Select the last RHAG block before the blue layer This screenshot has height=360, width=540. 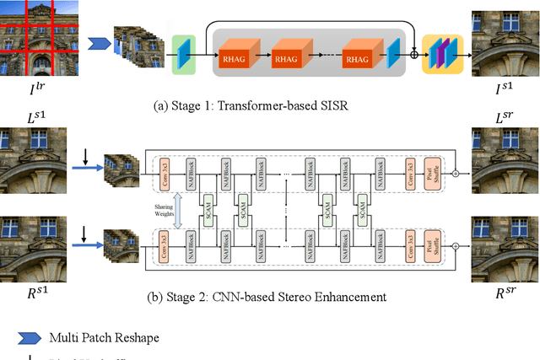click(x=357, y=60)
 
